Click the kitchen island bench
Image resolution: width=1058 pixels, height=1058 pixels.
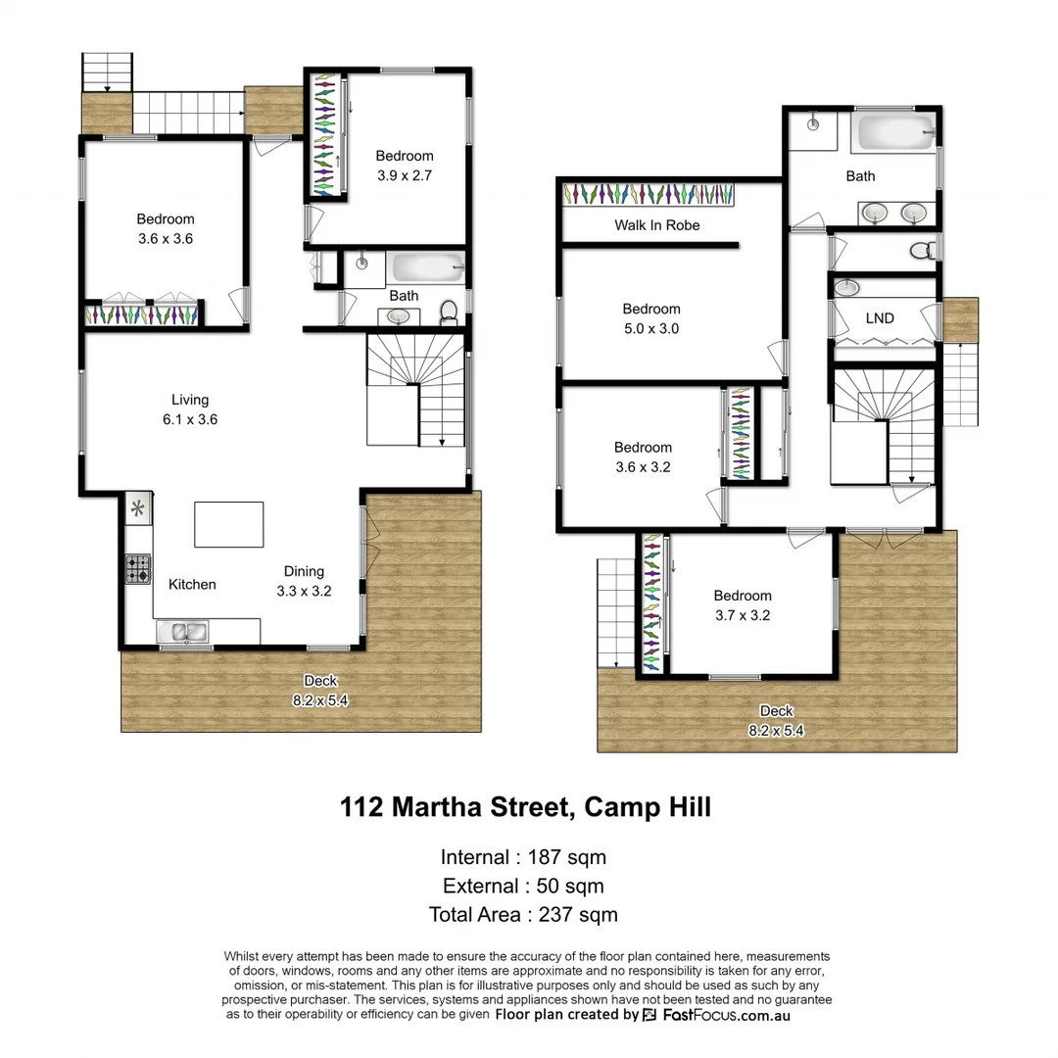click(229, 524)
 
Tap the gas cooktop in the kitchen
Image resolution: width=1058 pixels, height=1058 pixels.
click(138, 569)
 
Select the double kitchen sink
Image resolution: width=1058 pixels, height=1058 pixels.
click(185, 633)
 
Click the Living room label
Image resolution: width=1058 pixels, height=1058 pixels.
click(190, 409)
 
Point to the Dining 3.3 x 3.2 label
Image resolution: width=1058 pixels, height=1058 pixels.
click(304, 581)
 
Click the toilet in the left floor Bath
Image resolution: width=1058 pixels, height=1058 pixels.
click(449, 312)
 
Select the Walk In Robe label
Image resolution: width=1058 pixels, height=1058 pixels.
click(657, 225)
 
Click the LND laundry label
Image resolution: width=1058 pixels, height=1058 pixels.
click(879, 318)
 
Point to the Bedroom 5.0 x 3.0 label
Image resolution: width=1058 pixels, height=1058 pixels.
click(651, 318)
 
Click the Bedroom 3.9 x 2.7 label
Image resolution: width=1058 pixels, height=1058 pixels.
click(405, 166)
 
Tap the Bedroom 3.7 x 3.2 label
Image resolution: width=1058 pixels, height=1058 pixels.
click(743, 605)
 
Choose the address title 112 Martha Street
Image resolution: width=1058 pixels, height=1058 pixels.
click(525, 807)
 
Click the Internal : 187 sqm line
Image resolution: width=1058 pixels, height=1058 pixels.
click(523, 857)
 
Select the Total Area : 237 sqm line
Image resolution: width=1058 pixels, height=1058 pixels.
click(523, 915)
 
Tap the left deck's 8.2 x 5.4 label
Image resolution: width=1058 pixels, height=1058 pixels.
click(320, 691)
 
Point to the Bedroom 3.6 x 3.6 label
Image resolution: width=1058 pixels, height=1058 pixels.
click(166, 228)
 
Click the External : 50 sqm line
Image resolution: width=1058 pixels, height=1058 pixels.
click(523, 887)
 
